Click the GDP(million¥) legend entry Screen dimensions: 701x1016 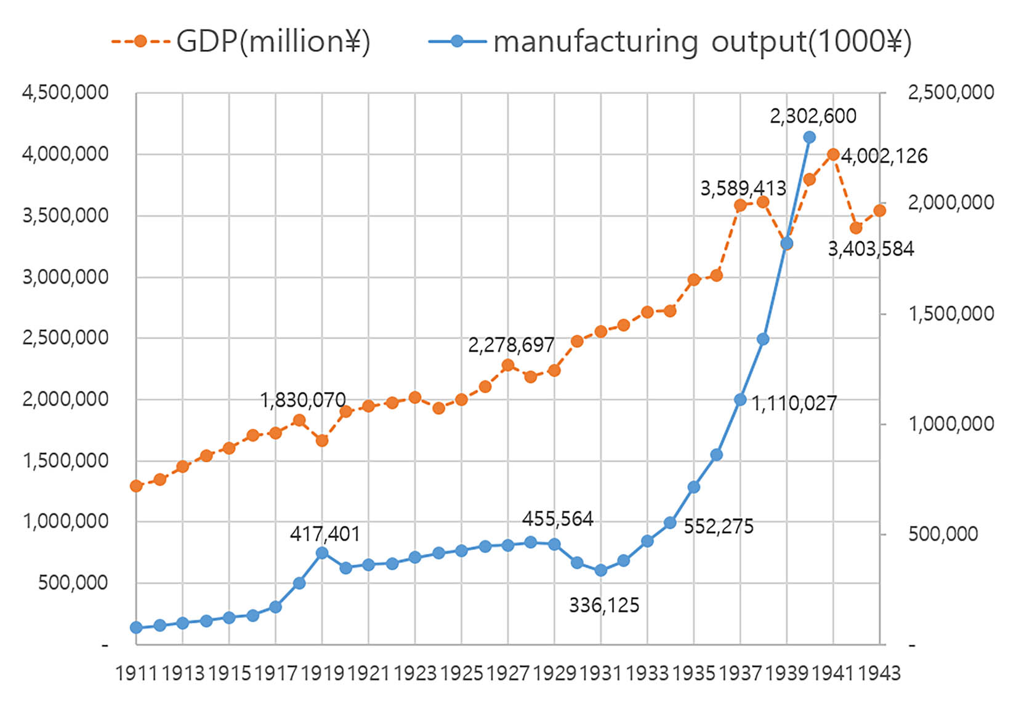[x=240, y=42]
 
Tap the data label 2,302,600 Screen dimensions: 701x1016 [x=813, y=116]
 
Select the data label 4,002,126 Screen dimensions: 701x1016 [x=884, y=156]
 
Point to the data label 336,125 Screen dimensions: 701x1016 [x=603, y=606]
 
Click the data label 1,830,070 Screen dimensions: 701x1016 [x=303, y=401]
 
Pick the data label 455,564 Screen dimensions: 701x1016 [x=557, y=519]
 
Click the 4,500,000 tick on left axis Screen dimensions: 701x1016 [x=65, y=93]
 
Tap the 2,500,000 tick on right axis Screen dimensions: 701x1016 [x=951, y=93]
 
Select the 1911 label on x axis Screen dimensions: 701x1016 [x=137, y=673]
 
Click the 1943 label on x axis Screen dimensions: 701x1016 [x=879, y=673]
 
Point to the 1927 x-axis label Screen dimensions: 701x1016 [x=508, y=673]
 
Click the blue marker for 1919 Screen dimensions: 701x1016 [x=322, y=553]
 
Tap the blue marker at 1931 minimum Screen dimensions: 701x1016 [x=601, y=571]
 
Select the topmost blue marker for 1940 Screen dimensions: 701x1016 [x=810, y=137]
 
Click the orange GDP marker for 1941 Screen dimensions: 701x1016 [x=833, y=154]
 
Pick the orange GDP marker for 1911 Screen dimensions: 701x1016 [x=137, y=486]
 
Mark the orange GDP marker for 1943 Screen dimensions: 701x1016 [x=879, y=210]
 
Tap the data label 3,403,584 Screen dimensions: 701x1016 [x=870, y=249]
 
